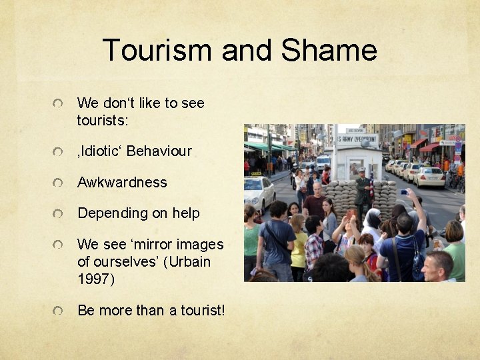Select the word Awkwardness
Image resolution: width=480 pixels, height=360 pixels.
tap(122, 182)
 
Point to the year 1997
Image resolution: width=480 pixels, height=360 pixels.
tap(96, 279)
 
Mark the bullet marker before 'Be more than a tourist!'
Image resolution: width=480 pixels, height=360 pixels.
tap(60, 311)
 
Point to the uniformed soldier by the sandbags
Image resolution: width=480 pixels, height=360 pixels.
tap(362, 191)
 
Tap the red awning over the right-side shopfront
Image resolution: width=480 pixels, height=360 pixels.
tap(431, 147)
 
